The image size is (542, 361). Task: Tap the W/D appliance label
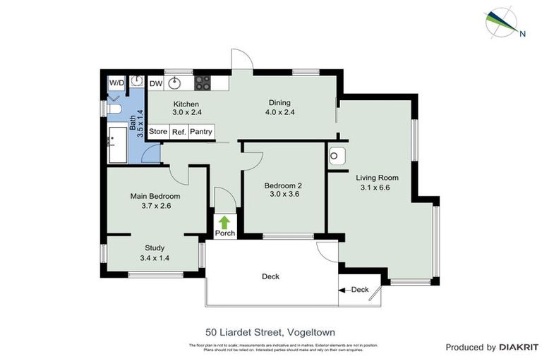pyautogui.click(x=116, y=82)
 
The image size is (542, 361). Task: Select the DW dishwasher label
pyautogui.click(x=156, y=82)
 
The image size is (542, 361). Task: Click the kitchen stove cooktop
pyautogui.click(x=203, y=82)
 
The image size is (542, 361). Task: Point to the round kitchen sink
pyautogui.click(x=174, y=82)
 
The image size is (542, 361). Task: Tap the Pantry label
pyautogui.click(x=200, y=132)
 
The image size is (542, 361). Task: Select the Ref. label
pyautogui.click(x=179, y=132)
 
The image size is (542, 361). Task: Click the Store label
pyautogui.click(x=158, y=132)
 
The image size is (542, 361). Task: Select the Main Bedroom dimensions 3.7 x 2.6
pyautogui.click(x=156, y=207)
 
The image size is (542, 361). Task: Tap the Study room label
pyautogui.click(x=155, y=247)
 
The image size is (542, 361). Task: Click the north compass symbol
pyautogui.click(x=505, y=21)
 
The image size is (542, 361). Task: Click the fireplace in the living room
pyautogui.click(x=337, y=155)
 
